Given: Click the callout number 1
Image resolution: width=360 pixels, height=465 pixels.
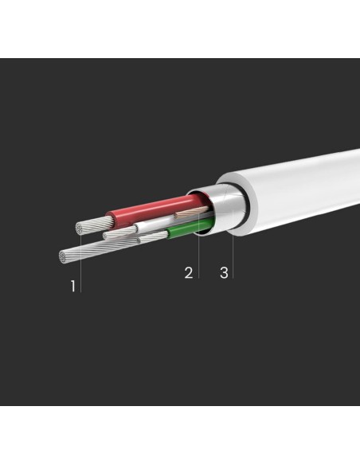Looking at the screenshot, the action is point(73,286).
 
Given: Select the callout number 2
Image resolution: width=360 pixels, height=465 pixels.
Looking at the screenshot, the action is point(189,272).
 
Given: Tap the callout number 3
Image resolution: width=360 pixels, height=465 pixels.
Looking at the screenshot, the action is point(224,272).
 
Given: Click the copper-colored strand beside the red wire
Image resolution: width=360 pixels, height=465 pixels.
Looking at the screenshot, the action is point(192,212).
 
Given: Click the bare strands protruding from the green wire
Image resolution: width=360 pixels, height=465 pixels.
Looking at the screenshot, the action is point(153,236).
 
